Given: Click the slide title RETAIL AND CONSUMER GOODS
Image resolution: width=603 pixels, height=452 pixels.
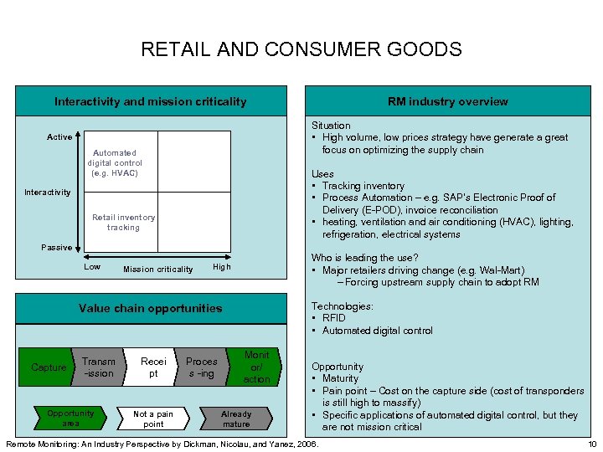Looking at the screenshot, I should point(301,49).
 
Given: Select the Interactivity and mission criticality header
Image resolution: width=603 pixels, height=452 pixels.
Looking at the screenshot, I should point(151,101).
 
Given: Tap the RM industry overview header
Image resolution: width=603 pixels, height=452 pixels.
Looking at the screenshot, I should point(447,101).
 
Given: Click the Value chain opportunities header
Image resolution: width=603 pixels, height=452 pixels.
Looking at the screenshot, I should point(151,308).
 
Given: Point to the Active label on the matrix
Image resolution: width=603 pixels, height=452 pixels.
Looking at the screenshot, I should point(59,137).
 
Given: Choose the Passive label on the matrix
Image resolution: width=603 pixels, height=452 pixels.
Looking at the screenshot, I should point(57,248).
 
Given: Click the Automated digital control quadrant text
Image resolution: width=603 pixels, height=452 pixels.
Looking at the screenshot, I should point(115,162).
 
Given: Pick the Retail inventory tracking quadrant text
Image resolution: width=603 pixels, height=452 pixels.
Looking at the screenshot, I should point(123,222).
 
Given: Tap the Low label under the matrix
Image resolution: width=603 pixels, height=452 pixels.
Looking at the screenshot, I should point(92,267).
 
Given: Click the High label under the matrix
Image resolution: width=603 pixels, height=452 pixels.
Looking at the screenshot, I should point(221,267).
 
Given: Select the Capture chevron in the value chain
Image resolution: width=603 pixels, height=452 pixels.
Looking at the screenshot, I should point(49,367).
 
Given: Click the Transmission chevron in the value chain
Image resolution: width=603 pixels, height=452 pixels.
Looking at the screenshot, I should point(99,367).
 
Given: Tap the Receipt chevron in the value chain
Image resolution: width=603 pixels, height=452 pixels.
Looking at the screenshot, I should point(153,367).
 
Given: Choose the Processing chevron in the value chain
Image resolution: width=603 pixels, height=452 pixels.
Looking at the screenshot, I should point(201,367).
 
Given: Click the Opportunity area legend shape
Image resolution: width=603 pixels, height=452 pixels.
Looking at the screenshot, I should point(71,419).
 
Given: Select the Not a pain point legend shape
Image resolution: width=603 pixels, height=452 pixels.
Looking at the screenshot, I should point(153,419).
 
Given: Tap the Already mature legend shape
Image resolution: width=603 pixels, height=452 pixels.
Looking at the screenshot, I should point(236,419).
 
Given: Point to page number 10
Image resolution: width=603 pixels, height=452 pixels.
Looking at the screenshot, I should point(592,443).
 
